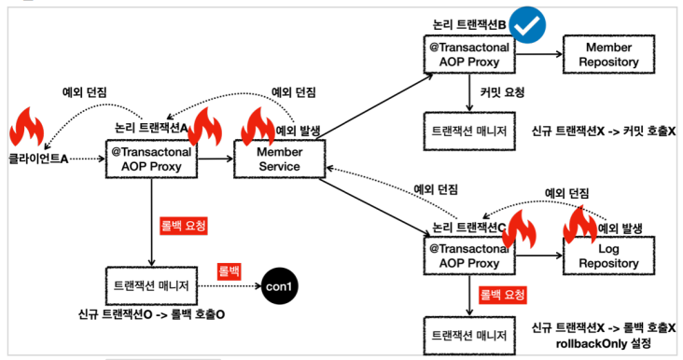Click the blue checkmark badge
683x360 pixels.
point(527,25)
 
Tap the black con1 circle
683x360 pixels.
point(279,286)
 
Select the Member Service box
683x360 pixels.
point(279,159)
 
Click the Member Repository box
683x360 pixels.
point(608,54)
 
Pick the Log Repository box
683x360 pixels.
point(608,256)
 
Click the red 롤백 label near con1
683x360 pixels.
point(230,271)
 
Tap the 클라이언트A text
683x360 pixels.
point(38,159)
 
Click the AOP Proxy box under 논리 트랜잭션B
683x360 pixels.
point(469,54)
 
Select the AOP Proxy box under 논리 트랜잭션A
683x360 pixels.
point(151,159)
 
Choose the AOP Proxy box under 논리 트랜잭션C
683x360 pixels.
point(469,256)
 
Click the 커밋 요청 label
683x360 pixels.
point(502,92)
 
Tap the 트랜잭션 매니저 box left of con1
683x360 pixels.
point(151,286)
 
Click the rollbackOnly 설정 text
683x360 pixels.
point(604,343)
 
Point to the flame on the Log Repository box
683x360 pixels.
point(579,225)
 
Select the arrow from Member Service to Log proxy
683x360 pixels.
point(374,207)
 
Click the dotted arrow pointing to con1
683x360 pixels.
point(230,286)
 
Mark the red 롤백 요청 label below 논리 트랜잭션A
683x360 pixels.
point(184,226)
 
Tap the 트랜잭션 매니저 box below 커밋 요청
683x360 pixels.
point(469,131)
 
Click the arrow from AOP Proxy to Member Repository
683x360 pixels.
point(539,54)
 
